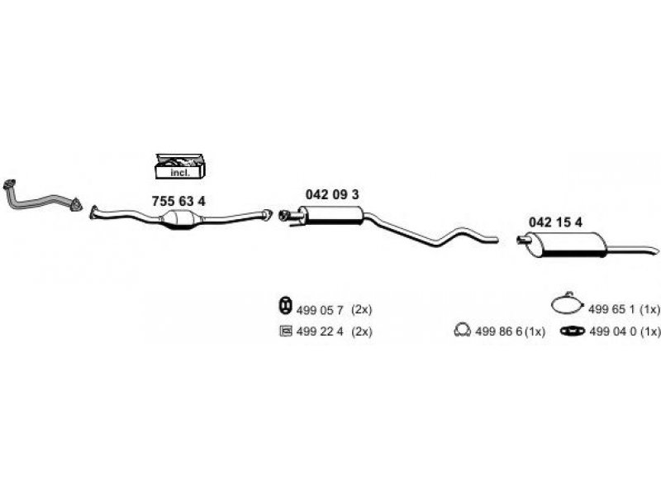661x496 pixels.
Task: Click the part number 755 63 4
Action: [x=178, y=202]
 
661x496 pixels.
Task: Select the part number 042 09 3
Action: [x=332, y=194]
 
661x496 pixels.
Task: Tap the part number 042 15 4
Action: [x=555, y=222]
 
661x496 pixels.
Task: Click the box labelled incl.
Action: [x=180, y=166]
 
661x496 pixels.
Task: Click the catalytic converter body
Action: [x=180, y=219]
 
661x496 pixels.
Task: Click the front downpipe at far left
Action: [x=40, y=201]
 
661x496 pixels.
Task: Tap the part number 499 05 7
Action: [x=320, y=310]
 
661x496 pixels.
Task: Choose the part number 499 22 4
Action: [x=320, y=331]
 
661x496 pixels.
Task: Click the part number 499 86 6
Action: [x=499, y=331]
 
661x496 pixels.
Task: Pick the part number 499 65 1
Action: [x=611, y=309]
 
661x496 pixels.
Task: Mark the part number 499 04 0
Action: [x=612, y=331]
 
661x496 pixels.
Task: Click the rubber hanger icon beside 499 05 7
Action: [x=285, y=305]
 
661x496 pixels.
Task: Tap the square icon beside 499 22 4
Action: [x=285, y=331]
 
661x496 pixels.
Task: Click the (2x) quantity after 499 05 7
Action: [x=362, y=310]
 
